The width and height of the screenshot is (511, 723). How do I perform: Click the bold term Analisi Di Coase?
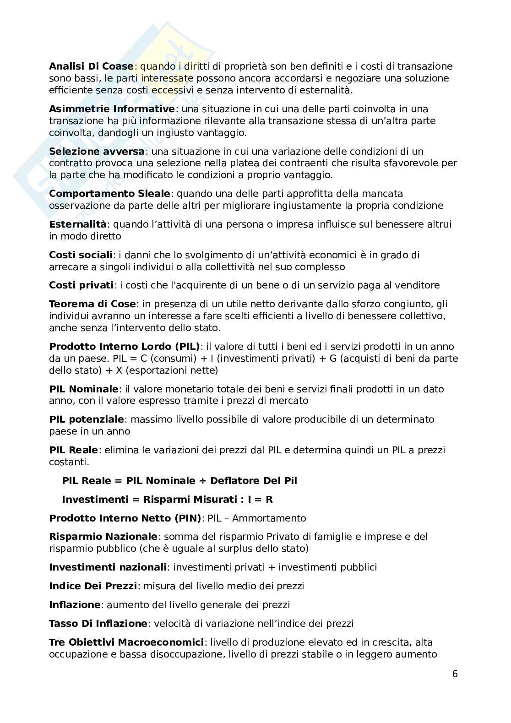pyautogui.click(x=91, y=66)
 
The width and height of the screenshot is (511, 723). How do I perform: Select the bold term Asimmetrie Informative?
pyautogui.click(x=112, y=109)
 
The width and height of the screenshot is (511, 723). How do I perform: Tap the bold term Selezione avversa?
pyautogui.click(x=97, y=151)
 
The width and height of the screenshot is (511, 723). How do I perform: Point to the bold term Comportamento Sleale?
pyautogui.click(x=109, y=194)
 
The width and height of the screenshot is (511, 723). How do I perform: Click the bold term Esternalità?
pyautogui.click(x=78, y=224)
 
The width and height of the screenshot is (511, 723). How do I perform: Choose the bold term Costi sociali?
pyautogui.click(x=81, y=255)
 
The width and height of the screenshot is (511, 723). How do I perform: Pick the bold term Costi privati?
pyautogui.click(x=81, y=285)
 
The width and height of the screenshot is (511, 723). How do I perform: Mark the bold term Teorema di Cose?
pyautogui.click(x=92, y=304)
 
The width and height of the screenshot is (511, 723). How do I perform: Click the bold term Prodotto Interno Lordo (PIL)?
pyautogui.click(x=125, y=347)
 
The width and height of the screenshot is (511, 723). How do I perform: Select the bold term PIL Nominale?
pyautogui.click(x=84, y=389)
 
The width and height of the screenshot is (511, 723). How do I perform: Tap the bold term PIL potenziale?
pyautogui.click(x=87, y=419)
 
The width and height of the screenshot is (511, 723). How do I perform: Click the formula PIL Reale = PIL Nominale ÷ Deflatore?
pyautogui.click(x=179, y=481)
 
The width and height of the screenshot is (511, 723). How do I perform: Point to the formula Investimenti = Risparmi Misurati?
pyautogui.click(x=167, y=500)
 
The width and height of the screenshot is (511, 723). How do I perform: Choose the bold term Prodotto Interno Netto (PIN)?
pyautogui.click(x=125, y=518)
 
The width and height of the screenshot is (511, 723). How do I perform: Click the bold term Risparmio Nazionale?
pyautogui.click(x=103, y=537)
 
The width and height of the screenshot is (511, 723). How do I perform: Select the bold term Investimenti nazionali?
pyautogui.click(x=108, y=567)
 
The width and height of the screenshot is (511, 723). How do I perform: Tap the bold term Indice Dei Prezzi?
pyautogui.click(x=93, y=586)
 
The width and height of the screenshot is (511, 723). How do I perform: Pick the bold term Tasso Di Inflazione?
pyautogui.click(x=98, y=624)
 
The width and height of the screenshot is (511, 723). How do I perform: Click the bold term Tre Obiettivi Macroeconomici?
pyautogui.click(x=126, y=642)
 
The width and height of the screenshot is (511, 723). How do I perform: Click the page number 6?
pyautogui.click(x=455, y=674)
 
